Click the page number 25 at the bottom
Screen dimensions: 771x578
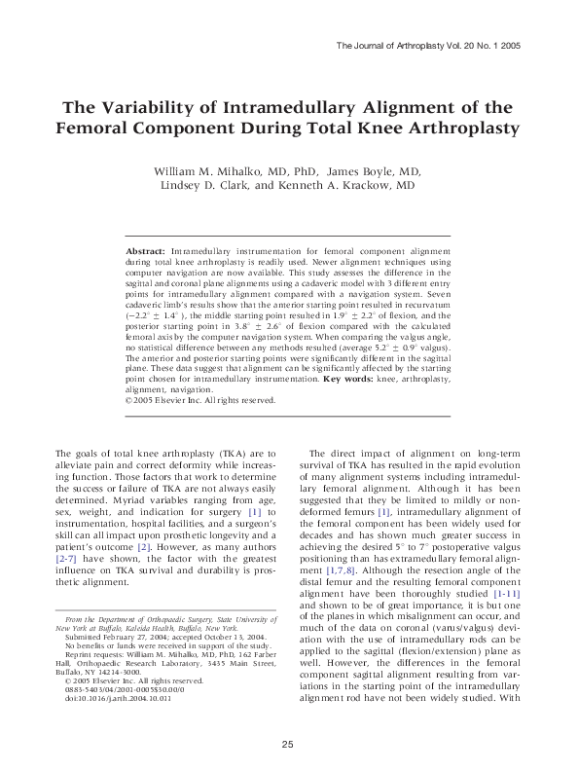(288, 745)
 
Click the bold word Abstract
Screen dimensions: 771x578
(145, 251)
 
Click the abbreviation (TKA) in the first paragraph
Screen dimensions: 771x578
(200, 453)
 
